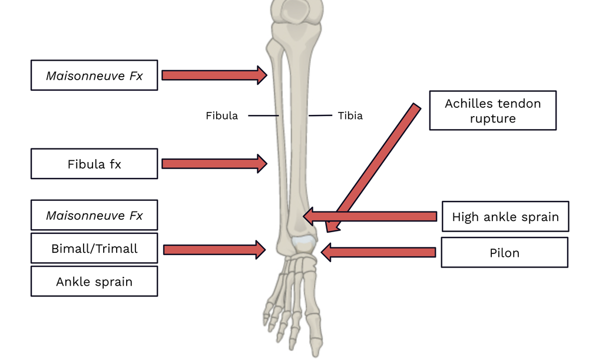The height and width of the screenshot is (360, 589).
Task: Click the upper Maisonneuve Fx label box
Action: (x=94, y=75)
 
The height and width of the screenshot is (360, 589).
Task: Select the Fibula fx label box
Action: (x=94, y=164)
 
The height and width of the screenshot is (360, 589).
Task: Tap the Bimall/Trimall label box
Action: (x=94, y=249)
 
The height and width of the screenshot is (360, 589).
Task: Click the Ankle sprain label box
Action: (x=94, y=282)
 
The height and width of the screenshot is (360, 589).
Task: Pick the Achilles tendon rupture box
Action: (x=492, y=111)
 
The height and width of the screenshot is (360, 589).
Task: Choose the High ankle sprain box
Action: (x=505, y=217)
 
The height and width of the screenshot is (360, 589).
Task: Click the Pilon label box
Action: (x=504, y=253)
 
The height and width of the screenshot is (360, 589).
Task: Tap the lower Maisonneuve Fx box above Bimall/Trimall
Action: (x=94, y=215)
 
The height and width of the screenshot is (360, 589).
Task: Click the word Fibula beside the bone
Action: (x=221, y=116)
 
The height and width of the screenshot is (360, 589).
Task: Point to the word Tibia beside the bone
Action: (x=350, y=116)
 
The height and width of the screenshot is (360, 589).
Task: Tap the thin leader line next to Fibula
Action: (x=263, y=116)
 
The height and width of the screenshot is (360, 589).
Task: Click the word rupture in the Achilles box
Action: (x=492, y=118)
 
